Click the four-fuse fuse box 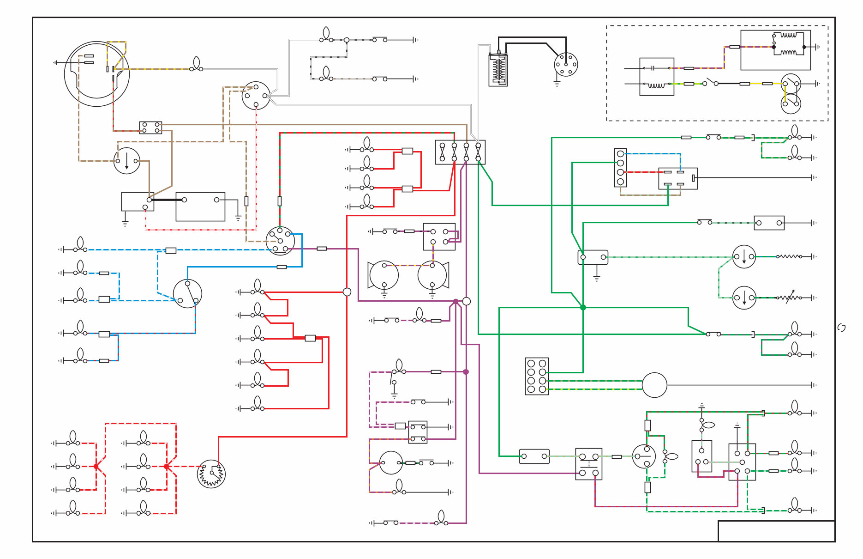click(x=460, y=152)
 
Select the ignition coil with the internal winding click(x=498, y=70)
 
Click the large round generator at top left click(x=96, y=74)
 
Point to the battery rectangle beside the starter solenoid click(x=200, y=207)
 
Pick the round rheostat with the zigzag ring click(x=211, y=474)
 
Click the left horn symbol click(x=384, y=275)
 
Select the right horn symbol click(x=432, y=275)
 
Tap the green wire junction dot click(x=583, y=307)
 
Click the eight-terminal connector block click(x=537, y=376)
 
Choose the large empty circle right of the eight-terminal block click(x=654, y=385)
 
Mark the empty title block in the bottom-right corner click(x=776, y=531)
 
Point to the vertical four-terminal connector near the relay click(x=620, y=168)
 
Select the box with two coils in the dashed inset click(x=775, y=50)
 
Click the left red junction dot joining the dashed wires click(x=96, y=467)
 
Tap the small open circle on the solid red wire click(x=347, y=292)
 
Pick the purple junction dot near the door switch click(x=466, y=371)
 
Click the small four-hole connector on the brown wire click(x=150, y=128)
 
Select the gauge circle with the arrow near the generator click(x=126, y=161)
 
